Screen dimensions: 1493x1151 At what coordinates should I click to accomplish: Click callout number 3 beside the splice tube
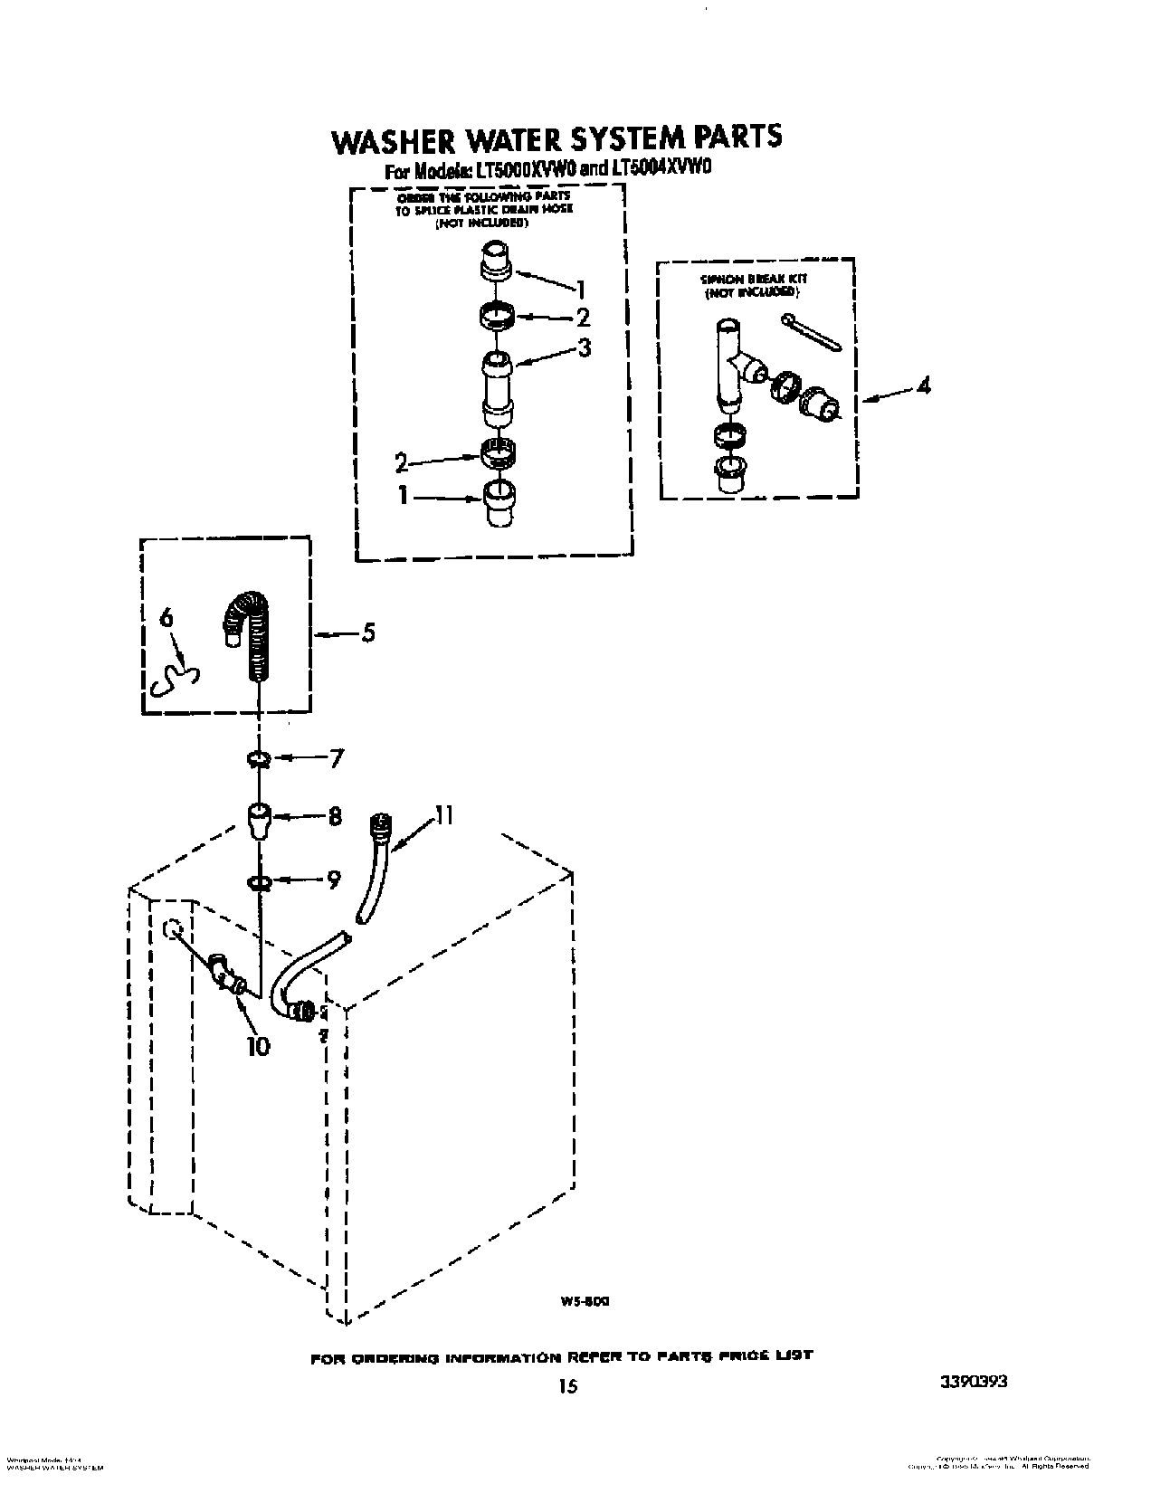585,347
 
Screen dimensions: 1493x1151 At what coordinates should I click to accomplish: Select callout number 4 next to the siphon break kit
922,386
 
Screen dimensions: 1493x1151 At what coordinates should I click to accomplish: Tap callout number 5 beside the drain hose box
367,632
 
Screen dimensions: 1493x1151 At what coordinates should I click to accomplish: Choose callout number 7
336,758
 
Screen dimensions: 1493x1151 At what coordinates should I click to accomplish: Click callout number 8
335,817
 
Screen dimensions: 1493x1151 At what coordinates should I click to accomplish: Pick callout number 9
334,879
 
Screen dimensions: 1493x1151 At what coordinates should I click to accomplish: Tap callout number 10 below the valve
258,1047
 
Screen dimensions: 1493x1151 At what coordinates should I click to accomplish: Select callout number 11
442,816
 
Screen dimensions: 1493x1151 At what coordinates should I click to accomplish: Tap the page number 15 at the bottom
567,1385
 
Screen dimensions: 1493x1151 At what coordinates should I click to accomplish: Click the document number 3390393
974,1383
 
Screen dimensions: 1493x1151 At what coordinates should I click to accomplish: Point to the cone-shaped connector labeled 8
258,819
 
